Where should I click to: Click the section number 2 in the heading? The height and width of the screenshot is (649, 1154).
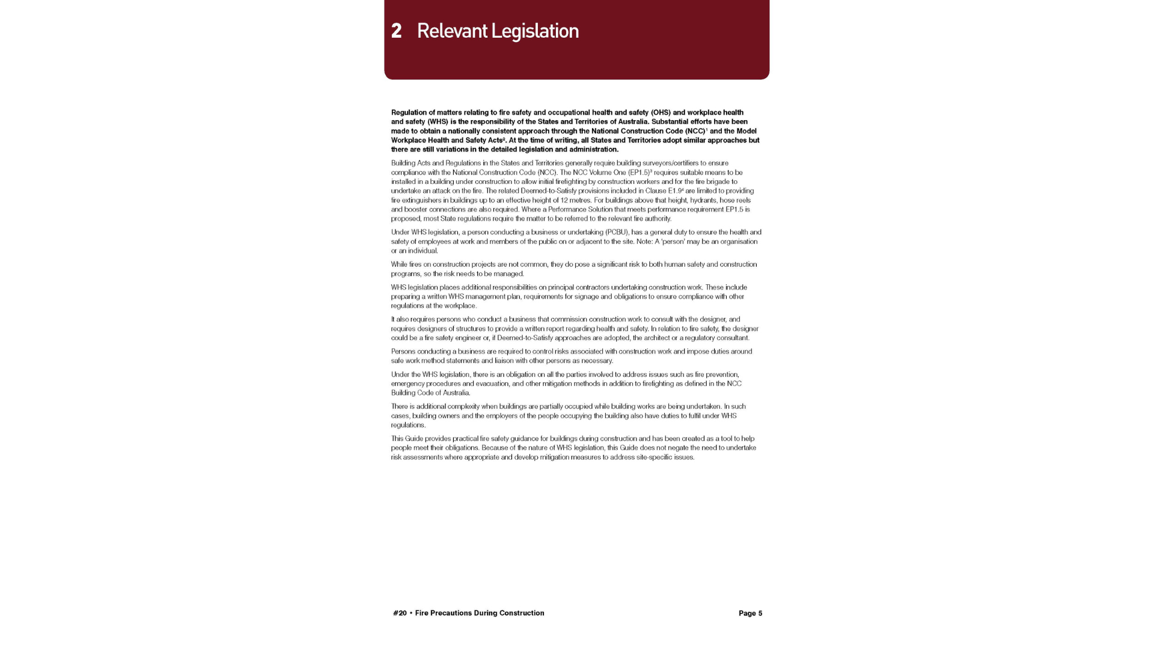[396, 31]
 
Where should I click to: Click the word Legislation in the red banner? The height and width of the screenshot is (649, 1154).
[535, 31]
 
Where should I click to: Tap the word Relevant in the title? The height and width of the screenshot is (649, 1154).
[451, 31]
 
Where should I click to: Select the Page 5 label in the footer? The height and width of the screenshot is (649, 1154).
[750, 614]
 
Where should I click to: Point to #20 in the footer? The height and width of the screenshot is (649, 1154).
[400, 614]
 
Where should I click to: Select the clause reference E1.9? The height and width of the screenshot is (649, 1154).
[675, 191]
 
